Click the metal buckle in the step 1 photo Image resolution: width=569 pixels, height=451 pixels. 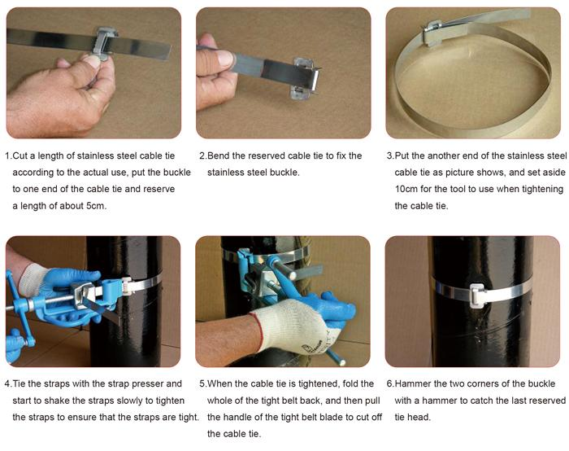(105, 43)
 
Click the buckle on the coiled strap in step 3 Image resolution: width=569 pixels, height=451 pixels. (432, 34)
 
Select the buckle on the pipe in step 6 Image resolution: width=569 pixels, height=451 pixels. (479, 295)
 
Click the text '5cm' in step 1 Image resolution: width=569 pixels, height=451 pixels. (96, 206)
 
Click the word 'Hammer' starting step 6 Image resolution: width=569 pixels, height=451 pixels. (413, 383)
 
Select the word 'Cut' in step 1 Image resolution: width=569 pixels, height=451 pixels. (20, 156)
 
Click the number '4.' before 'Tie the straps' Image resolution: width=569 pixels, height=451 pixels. (8, 383)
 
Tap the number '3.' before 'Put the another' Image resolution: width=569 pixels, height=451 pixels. (390, 156)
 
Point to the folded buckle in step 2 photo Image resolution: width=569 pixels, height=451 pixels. (305, 77)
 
